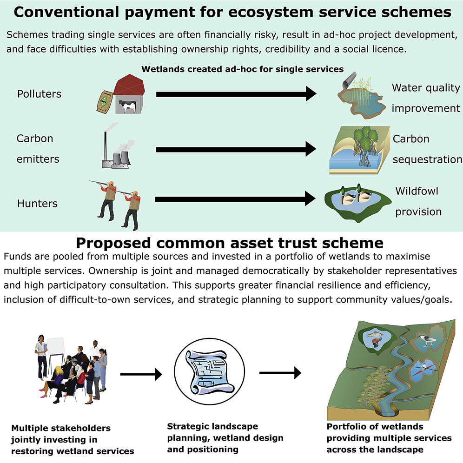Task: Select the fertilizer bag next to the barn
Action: [104, 102]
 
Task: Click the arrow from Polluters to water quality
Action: [236, 94]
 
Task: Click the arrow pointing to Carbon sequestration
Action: [236, 149]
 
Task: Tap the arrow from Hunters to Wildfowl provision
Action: [235, 199]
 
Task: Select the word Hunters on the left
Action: [37, 204]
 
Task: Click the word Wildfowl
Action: [417, 191]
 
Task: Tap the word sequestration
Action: [427, 159]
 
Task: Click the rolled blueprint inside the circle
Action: [209, 372]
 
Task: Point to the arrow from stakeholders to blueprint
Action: [141, 374]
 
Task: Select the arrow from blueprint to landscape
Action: [280, 373]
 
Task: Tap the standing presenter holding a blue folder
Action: [41, 357]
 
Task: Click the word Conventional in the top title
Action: [66, 13]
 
